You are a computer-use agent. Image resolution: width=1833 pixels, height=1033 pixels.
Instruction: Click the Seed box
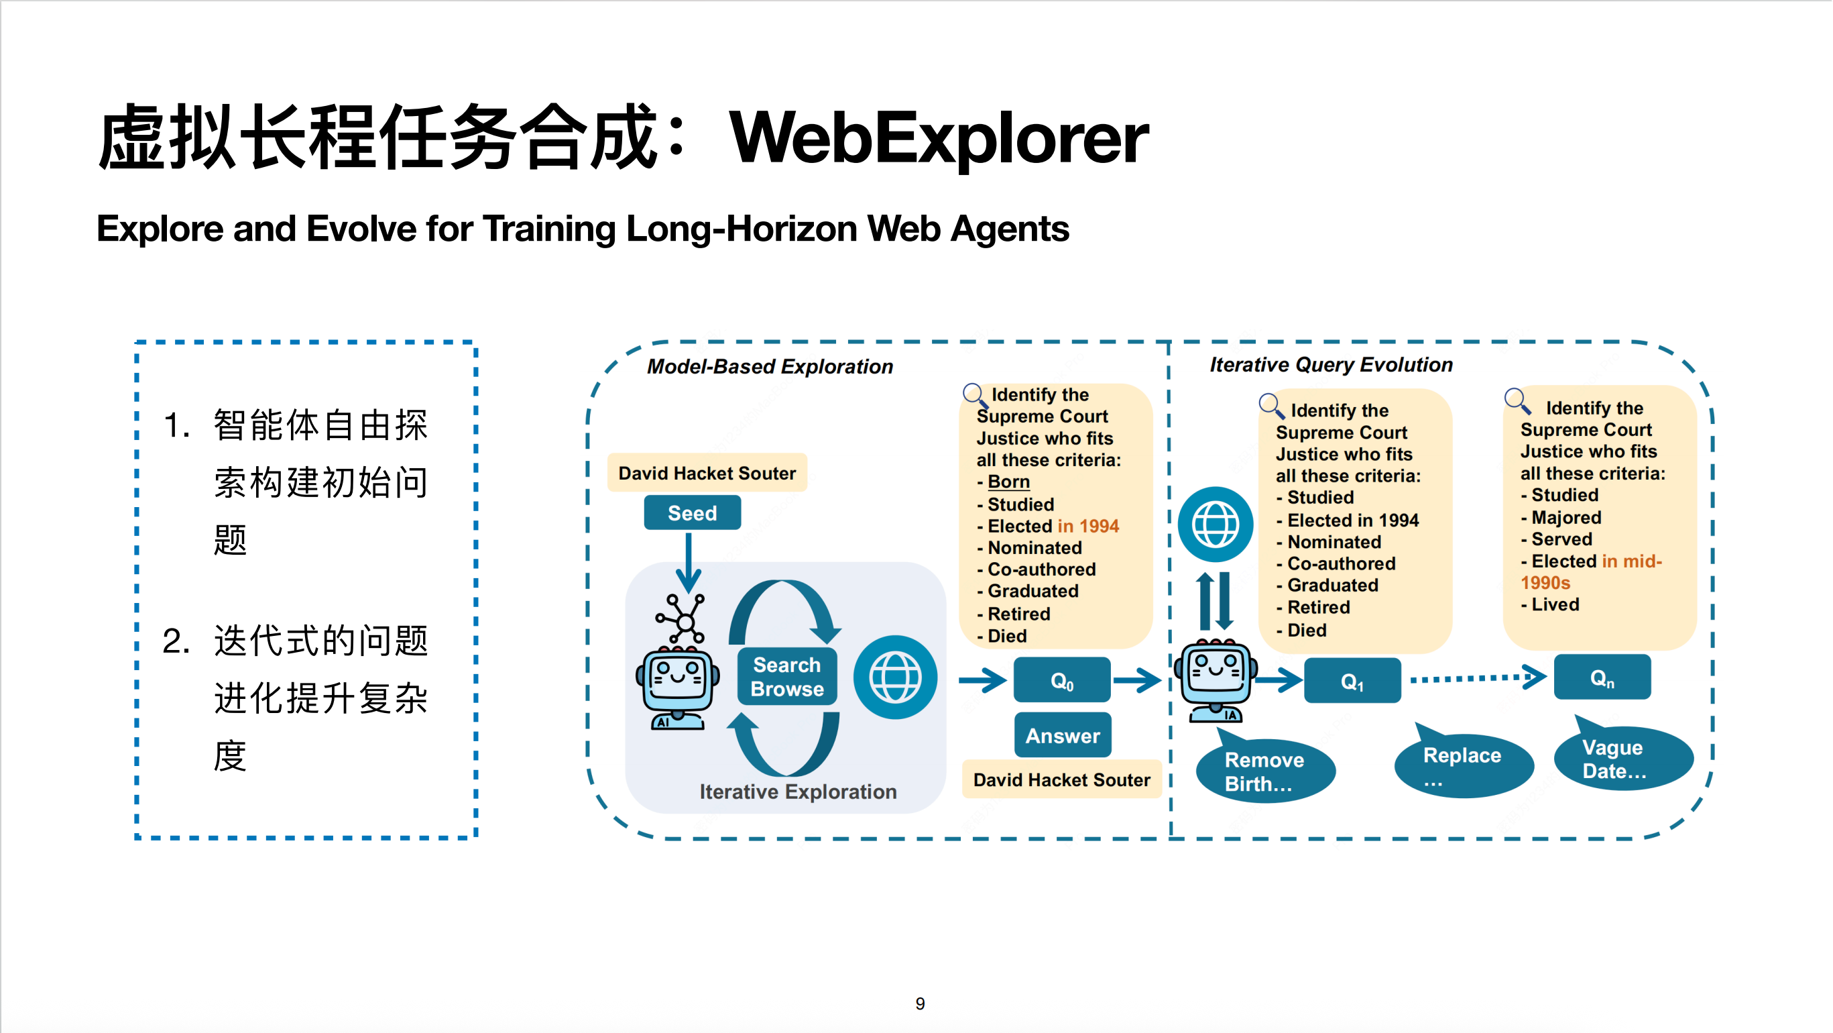click(x=692, y=512)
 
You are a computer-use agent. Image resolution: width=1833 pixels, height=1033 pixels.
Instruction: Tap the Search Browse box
click(x=787, y=676)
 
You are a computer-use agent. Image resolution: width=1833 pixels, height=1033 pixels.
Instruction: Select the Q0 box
click(x=1062, y=681)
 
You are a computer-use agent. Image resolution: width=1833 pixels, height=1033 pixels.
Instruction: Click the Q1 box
click(x=1352, y=682)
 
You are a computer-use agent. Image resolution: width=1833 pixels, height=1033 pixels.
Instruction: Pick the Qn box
click(x=1602, y=677)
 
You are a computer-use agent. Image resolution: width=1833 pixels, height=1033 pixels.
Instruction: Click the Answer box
click(x=1063, y=735)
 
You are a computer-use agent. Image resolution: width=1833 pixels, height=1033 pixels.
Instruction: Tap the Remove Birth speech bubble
click(x=1265, y=771)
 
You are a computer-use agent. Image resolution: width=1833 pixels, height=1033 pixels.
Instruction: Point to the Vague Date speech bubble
click(x=1622, y=759)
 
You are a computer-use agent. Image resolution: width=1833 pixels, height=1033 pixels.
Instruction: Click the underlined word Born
click(x=1008, y=482)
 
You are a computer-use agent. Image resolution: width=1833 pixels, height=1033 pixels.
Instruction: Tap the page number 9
click(x=920, y=1003)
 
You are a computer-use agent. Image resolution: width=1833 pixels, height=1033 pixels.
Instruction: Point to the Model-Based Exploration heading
click(x=770, y=367)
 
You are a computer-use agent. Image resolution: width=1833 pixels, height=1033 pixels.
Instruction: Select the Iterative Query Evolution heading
click(x=1332, y=364)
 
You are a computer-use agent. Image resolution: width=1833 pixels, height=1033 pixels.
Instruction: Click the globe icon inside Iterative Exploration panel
click(x=895, y=677)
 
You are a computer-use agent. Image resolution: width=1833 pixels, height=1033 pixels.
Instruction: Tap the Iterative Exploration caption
click(x=798, y=792)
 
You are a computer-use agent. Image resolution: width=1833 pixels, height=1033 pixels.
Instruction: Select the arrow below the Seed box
click(x=688, y=562)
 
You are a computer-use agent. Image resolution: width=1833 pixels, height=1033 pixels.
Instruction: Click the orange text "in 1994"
click(x=1088, y=526)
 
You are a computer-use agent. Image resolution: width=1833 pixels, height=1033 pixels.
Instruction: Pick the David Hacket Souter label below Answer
click(x=1062, y=780)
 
